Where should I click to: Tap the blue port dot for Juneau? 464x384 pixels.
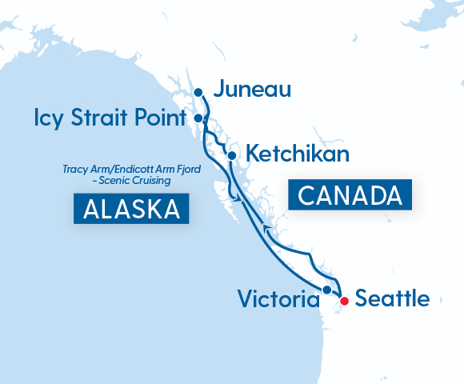[199, 92]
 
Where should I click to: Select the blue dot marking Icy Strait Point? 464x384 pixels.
[198, 118]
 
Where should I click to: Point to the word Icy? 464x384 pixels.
[46, 118]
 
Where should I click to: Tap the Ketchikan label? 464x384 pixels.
[298, 154]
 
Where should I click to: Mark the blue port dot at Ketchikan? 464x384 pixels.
[231, 155]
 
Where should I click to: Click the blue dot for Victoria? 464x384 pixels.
[326, 290]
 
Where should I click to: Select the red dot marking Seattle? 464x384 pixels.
[344, 301]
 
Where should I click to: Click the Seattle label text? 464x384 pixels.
[392, 299]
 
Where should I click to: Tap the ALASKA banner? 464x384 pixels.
[131, 209]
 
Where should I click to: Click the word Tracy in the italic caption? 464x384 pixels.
[74, 170]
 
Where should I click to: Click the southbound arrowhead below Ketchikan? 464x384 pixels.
[233, 194]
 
